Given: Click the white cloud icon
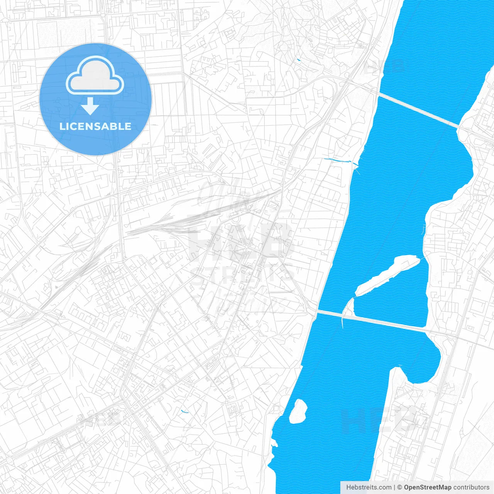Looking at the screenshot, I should pos(95,76).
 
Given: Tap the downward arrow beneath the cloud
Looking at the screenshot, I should pos(90,106).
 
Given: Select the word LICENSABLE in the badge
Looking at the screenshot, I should pos(95,126).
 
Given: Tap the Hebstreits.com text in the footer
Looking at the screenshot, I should pos(369,487).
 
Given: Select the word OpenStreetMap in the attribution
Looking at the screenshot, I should pos(427,487).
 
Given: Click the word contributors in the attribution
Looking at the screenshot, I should pos(471,487).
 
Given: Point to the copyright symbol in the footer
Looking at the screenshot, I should pos(400,487).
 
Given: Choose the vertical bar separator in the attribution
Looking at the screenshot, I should pos(394,487).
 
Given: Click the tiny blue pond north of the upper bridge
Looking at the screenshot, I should pos(298,60).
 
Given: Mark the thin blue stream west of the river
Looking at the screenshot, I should pos(336,160).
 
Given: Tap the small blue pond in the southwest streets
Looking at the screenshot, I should pos(184,411).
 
